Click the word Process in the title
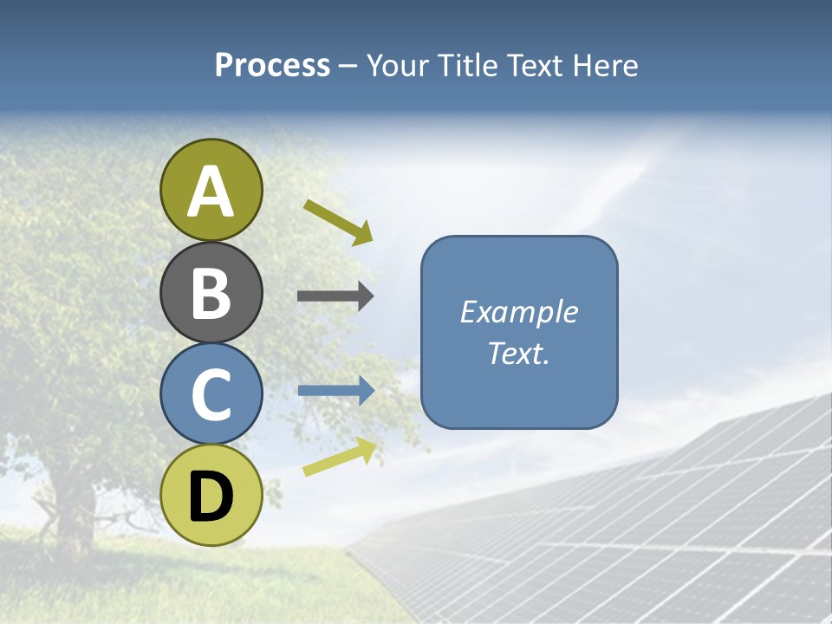pyautogui.click(x=272, y=66)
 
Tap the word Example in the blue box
pyautogui.click(x=518, y=312)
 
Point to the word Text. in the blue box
pyautogui.click(x=518, y=353)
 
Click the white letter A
pyautogui.click(x=211, y=192)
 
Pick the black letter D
pyautogui.click(x=211, y=497)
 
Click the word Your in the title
pyautogui.click(x=398, y=66)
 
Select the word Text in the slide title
pyautogui.click(x=534, y=66)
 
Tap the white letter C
pyautogui.click(x=211, y=395)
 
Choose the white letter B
pyautogui.click(x=211, y=294)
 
